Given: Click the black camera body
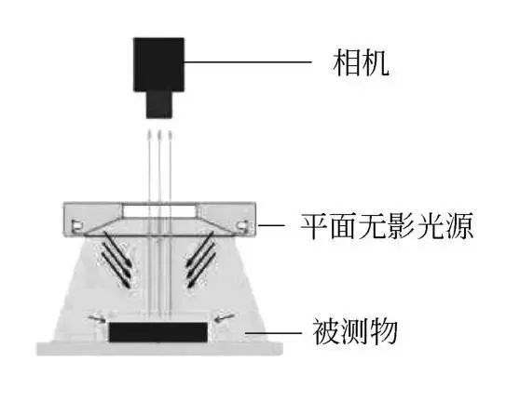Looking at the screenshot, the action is click(x=158, y=64).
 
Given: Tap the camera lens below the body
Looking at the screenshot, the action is click(x=159, y=104).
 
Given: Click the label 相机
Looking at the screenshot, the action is click(x=361, y=63).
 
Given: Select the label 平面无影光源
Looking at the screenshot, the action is click(x=387, y=226).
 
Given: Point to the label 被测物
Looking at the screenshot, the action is click(x=355, y=331).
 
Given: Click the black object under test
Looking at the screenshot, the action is click(x=158, y=332).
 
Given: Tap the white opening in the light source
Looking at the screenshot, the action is click(x=159, y=211).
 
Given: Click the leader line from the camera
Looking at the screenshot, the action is click(x=248, y=62).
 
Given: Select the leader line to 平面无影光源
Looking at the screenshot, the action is click(x=271, y=225).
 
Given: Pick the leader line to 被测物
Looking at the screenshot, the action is click(x=273, y=332).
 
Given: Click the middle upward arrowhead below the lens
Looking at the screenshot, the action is click(x=159, y=134).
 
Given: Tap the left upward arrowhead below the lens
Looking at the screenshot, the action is click(x=149, y=134).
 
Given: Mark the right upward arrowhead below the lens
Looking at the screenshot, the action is click(x=171, y=134).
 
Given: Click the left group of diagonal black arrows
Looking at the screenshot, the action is click(x=116, y=261).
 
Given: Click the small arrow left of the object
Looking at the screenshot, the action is click(x=97, y=319).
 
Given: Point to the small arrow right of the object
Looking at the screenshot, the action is click(x=225, y=317).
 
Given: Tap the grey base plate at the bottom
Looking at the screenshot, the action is click(x=159, y=349).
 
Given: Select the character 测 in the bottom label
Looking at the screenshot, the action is click(x=355, y=331).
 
